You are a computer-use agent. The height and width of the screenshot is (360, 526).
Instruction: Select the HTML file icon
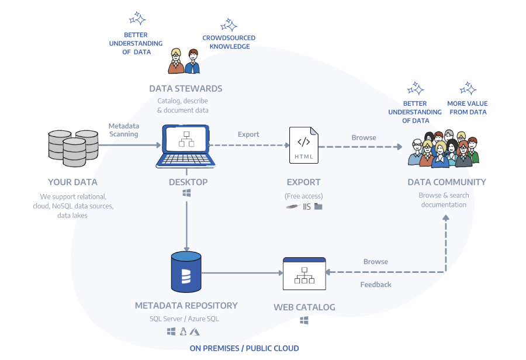click(304, 146)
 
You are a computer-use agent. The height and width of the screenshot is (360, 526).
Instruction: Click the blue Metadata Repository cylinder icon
click(186, 272)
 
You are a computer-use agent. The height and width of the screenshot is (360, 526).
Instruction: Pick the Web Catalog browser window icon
click(304, 274)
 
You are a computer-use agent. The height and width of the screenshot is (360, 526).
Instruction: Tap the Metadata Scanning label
click(123, 130)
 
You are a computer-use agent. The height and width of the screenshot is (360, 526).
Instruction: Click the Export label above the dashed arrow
click(248, 134)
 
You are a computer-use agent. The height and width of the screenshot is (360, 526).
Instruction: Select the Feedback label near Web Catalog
click(376, 285)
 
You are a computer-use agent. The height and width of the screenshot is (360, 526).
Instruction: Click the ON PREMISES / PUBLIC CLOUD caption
click(244, 348)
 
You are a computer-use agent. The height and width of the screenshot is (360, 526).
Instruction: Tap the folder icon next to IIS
click(318, 206)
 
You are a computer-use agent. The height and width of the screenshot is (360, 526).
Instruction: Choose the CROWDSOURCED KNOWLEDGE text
click(229, 42)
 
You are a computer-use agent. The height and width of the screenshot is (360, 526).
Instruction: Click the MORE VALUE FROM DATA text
click(467, 108)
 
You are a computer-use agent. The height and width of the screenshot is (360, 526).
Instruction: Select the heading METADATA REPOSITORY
click(186, 306)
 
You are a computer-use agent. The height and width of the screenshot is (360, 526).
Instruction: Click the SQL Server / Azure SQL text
click(184, 319)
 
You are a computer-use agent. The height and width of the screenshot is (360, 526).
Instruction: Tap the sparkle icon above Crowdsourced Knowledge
click(229, 25)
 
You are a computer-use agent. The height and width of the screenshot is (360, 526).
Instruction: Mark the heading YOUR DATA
click(72, 182)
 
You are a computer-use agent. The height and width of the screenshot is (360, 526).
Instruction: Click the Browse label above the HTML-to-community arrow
click(364, 138)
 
